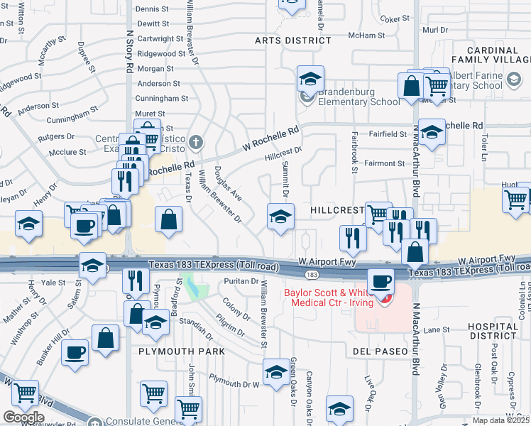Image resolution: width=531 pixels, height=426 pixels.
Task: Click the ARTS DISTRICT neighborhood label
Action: pos(293,40)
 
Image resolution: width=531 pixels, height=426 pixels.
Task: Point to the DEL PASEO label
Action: pos(380,351)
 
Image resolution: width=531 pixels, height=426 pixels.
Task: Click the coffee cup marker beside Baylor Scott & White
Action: pos(381,281)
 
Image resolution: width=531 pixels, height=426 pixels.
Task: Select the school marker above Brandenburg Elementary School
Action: pos(310,80)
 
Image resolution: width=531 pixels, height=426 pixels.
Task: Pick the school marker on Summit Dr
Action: pos(280,217)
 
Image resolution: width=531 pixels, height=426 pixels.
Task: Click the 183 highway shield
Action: pos(311,274)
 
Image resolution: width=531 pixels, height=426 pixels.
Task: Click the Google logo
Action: pos(23,417)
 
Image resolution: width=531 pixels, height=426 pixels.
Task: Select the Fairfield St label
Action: pos(387,133)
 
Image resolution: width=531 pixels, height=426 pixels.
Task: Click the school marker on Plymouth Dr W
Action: pos(276,372)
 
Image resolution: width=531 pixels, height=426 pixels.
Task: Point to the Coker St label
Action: pos(391,19)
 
